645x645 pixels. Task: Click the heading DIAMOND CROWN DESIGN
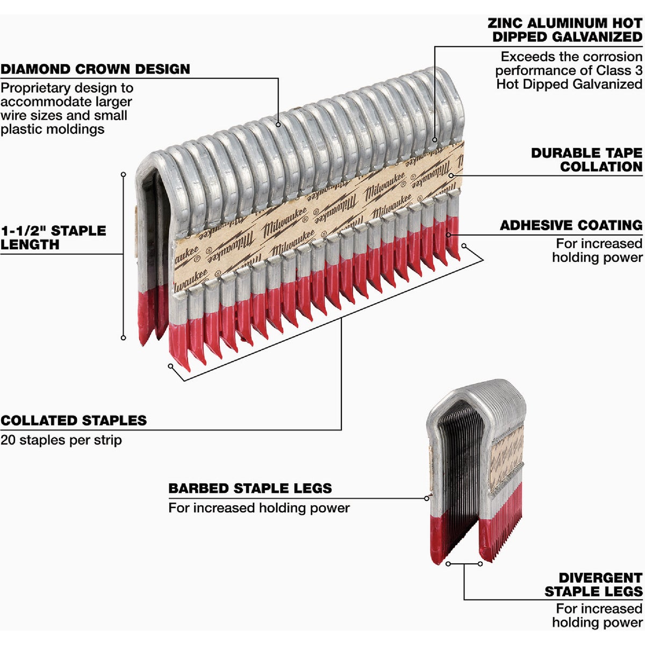pyautogui.click(x=95, y=69)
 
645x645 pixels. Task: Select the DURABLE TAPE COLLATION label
pyautogui.click(x=586, y=160)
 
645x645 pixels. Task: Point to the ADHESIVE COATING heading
pyautogui.click(x=571, y=225)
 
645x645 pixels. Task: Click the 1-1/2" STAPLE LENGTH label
pyautogui.click(x=53, y=238)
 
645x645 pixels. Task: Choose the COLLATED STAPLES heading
pyautogui.click(x=74, y=420)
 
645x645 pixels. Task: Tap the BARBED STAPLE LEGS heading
pyautogui.click(x=250, y=489)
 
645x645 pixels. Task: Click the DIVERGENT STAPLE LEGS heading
pyautogui.click(x=593, y=585)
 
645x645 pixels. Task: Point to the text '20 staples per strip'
pyautogui.click(x=61, y=440)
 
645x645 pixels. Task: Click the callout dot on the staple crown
pyautogui.click(x=278, y=125)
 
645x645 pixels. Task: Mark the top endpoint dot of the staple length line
pyautogui.click(x=123, y=174)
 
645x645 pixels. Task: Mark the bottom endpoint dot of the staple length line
pyautogui.click(x=123, y=338)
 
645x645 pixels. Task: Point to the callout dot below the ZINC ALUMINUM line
pyautogui.click(x=434, y=140)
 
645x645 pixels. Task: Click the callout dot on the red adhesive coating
pyautogui.click(x=448, y=234)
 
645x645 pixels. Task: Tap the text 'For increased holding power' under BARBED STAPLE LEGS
pyautogui.click(x=259, y=508)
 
